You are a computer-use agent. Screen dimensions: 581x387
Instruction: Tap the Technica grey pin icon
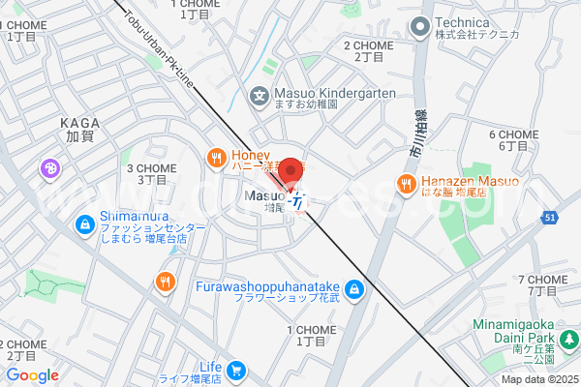420,26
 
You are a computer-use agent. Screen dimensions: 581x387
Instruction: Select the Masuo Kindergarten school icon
259,94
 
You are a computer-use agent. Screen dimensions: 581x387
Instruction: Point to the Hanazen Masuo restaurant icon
407,183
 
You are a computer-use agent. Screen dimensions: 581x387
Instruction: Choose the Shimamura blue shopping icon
85,224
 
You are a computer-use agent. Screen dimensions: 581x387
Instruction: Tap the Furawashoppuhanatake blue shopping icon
354,288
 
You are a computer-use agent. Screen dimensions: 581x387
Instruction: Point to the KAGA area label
78,124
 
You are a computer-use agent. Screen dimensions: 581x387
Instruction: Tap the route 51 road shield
549,219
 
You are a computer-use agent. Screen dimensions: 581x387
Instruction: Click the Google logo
32,375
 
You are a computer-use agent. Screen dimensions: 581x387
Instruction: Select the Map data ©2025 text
539,379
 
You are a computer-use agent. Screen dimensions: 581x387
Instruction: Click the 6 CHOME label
513,134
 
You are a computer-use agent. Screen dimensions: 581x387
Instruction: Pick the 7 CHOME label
542,280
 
